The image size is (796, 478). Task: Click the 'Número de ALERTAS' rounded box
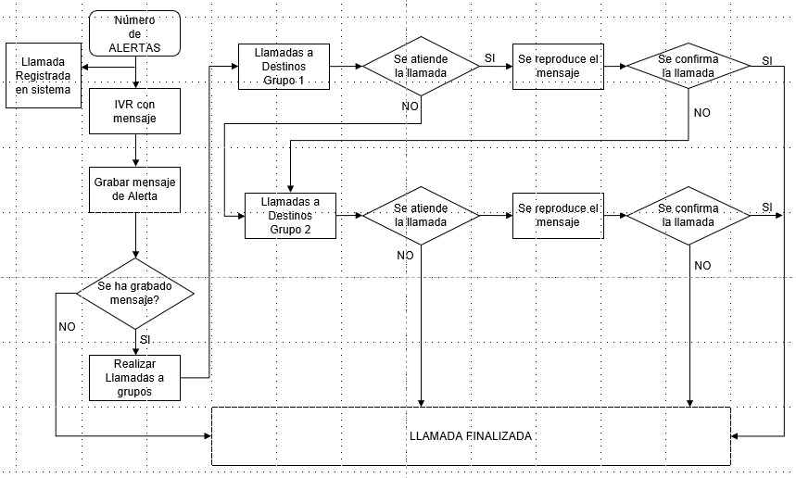[x=134, y=33]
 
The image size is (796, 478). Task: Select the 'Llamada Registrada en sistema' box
[x=44, y=76]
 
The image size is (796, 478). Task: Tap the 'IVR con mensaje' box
[x=134, y=111]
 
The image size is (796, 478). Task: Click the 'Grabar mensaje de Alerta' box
[x=134, y=190]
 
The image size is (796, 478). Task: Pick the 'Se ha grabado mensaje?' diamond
[x=135, y=294]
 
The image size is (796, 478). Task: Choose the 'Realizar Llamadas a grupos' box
[x=134, y=378]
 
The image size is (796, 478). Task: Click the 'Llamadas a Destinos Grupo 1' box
[x=284, y=67]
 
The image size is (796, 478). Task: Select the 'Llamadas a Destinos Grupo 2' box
[x=290, y=216]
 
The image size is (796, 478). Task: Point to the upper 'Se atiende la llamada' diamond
[x=421, y=66]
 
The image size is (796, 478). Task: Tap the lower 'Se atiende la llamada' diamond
[x=421, y=216]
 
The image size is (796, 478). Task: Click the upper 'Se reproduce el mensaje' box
[x=558, y=67]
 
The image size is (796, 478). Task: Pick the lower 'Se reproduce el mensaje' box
[x=558, y=216]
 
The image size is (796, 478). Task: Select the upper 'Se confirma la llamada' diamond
[x=689, y=66]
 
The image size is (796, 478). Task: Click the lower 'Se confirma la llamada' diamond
[x=689, y=216]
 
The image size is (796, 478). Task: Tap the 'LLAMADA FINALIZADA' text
[x=471, y=436]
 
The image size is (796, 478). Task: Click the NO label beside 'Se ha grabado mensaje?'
[x=67, y=327]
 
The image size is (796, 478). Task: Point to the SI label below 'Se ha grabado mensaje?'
[x=145, y=339]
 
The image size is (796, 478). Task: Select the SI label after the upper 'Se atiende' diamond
[x=490, y=58]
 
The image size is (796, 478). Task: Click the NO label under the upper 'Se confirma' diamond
[x=702, y=113]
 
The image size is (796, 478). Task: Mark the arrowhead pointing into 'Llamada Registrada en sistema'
[x=84, y=67]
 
